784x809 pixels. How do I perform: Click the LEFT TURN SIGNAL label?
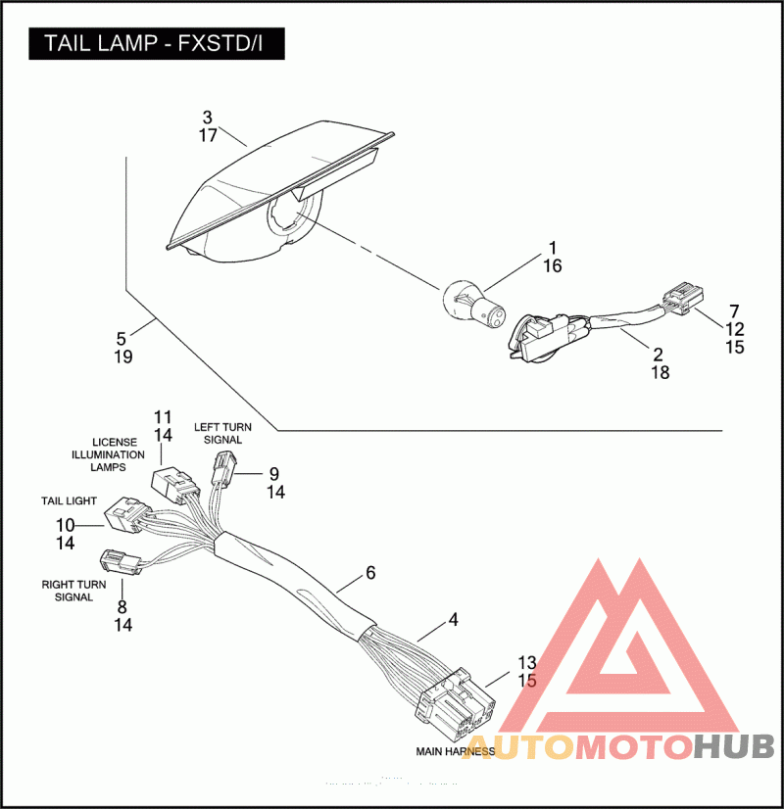pyautogui.click(x=218, y=433)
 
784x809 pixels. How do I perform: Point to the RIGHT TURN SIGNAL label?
pyautogui.click(x=67, y=590)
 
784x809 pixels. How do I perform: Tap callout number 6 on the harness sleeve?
pyautogui.click(x=369, y=573)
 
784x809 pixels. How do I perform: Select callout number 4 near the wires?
pyautogui.click(x=453, y=619)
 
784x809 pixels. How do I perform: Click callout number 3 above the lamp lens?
pyautogui.click(x=207, y=118)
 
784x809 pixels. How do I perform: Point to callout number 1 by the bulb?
pyautogui.click(x=552, y=248)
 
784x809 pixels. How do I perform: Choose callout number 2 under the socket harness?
pyautogui.click(x=658, y=354)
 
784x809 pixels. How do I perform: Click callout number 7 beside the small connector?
pyautogui.click(x=734, y=310)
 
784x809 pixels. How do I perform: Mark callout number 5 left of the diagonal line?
pyautogui.click(x=122, y=338)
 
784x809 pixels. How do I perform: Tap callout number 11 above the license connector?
pyautogui.click(x=163, y=416)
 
